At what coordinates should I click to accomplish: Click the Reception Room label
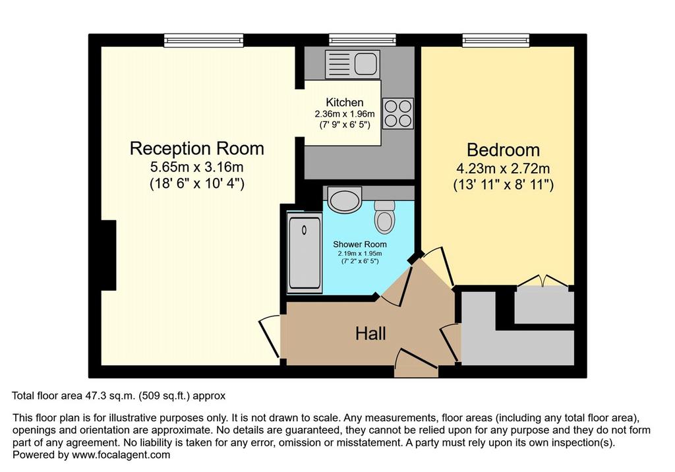pyautogui.click(x=196, y=148)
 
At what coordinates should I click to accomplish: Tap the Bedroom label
pyautogui.click(x=503, y=150)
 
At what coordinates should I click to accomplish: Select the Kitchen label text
pyautogui.click(x=344, y=102)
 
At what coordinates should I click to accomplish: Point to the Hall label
pyautogui.click(x=370, y=334)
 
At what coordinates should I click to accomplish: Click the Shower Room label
pyautogui.click(x=360, y=244)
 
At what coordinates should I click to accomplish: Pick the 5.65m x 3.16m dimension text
pyautogui.click(x=196, y=167)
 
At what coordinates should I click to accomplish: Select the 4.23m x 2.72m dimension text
pyautogui.click(x=503, y=168)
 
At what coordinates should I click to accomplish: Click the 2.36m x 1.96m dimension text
pyautogui.click(x=344, y=114)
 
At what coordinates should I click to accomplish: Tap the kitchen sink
pyautogui.click(x=353, y=64)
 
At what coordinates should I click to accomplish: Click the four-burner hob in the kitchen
pyautogui.click(x=398, y=113)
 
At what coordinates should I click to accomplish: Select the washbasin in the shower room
pyautogui.click(x=344, y=199)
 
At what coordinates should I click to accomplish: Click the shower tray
pyautogui.click(x=305, y=253)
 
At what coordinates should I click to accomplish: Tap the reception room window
pyautogui.click(x=204, y=40)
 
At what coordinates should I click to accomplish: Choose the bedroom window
pyautogui.click(x=496, y=40)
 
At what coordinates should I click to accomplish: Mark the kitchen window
pyautogui.click(x=363, y=40)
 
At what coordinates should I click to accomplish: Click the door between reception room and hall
pyautogui.click(x=270, y=337)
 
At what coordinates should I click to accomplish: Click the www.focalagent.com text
pyautogui.click(x=121, y=455)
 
